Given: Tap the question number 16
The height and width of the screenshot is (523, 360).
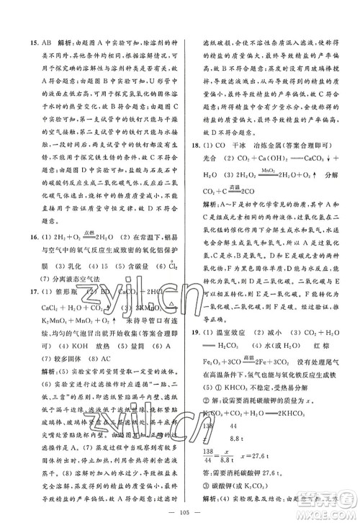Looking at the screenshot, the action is pyautogui.click(x=24, y=245).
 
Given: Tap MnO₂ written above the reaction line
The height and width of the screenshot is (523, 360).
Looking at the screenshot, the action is pyautogui.click(x=269, y=170).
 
